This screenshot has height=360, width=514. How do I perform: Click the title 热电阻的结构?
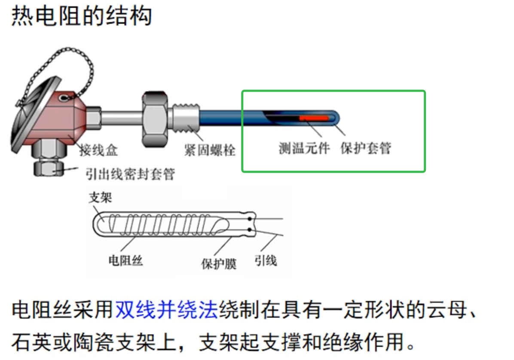[x=81, y=17]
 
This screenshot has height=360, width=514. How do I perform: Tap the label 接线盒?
[x=98, y=150]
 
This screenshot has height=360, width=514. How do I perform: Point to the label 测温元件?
[x=304, y=148]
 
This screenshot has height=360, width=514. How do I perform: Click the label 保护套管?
[x=366, y=148]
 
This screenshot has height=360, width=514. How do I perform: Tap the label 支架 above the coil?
[x=100, y=197]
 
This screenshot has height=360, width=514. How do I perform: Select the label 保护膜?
[x=219, y=263]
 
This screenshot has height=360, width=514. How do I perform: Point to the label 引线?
[x=266, y=260]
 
